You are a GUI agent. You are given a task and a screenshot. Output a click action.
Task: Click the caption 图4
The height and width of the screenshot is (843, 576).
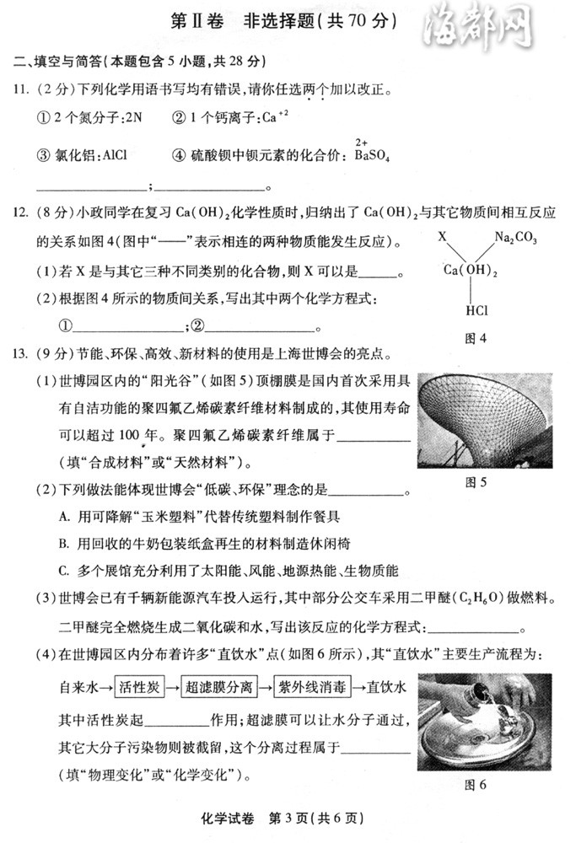476,338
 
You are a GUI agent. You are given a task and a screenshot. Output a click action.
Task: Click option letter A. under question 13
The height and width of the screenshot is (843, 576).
63,516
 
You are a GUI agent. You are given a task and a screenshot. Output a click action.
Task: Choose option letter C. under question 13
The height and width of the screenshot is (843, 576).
63,571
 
